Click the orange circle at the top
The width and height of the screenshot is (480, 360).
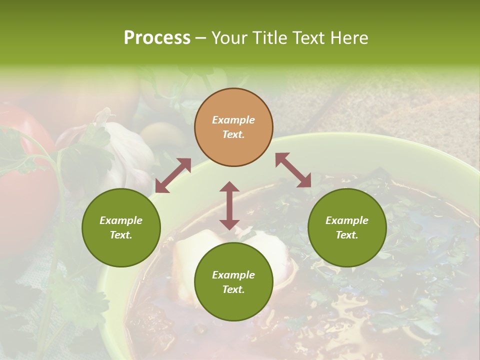pyautogui.click(x=233, y=127)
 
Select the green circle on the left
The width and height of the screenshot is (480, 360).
pyautogui.click(x=121, y=227)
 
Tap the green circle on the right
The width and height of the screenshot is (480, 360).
pyautogui.click(x=347, y=227)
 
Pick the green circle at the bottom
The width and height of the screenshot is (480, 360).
pyautogui.click(x=233, y=282)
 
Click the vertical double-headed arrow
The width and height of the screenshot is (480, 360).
pyautogui.click(x=229, y=205)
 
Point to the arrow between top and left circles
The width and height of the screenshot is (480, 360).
pyautogui.click(x=173, y=175)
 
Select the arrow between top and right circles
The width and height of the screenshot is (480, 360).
pyautogui.click(x=293, y=170)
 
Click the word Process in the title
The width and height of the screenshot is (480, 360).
pyautogui.click(x=157, y=37)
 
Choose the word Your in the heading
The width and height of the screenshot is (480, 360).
pyautogui.click(x=228, y=37)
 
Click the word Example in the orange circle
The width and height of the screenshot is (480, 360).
pyautogui.click(x=233, y=120)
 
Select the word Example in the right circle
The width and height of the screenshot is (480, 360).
pyautogui.click(x=347, y=220)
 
